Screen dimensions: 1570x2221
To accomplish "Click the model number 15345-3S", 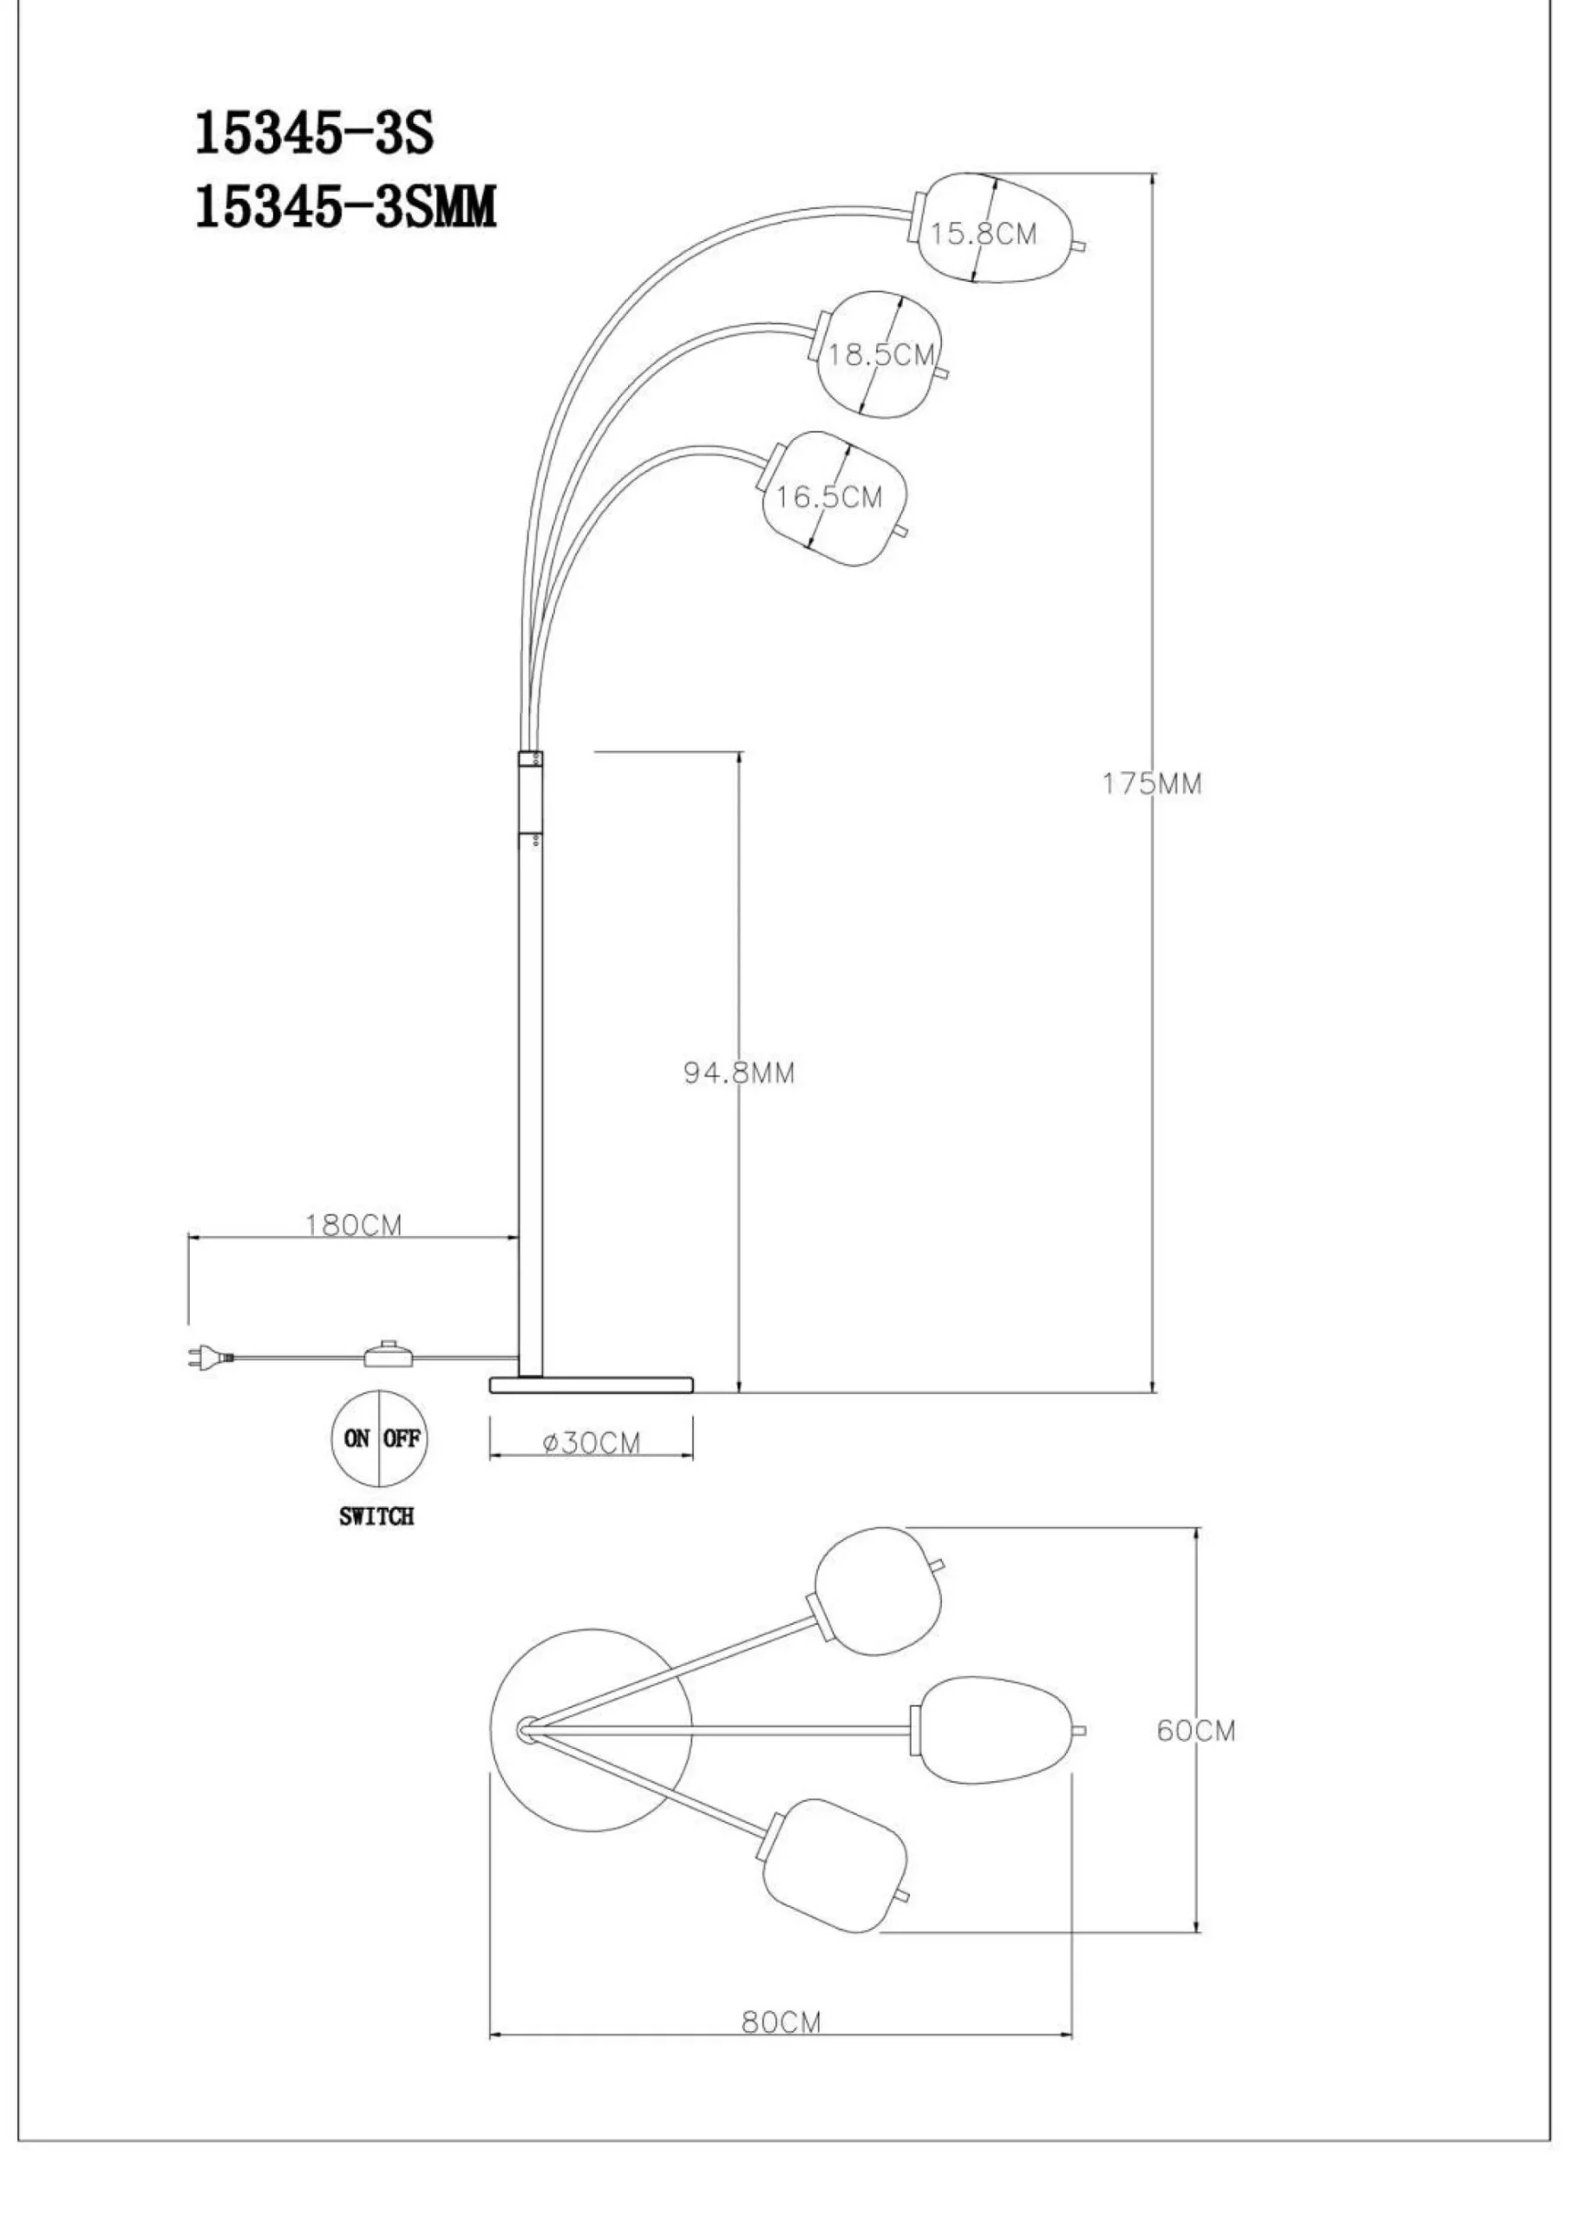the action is click(314, 134).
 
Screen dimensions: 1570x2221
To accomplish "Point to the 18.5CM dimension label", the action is click(882, 354).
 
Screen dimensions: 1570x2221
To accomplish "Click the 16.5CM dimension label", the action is click(829, 497).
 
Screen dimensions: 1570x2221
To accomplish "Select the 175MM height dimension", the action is click(1152, 783).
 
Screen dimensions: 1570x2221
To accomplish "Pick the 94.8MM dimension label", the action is click(739, 1073).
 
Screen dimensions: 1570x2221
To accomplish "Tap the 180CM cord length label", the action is click(353, 1225).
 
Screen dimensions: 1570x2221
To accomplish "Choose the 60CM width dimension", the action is click(1197, 1731).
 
